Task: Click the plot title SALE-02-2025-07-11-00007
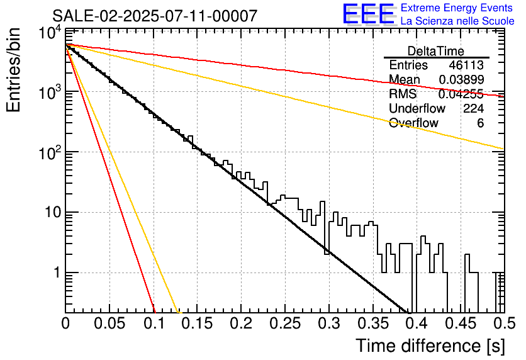(155, 16)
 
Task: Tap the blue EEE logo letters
(368, 14)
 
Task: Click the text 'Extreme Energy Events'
(457, 8)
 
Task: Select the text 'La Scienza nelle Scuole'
(457, 21)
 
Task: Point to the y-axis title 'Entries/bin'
(13, 70)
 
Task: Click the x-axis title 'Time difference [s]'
(430, 346)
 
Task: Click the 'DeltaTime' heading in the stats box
(436, 51)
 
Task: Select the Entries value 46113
(466, 65)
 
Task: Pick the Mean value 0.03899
(461, 79)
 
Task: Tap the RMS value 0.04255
(461, 94)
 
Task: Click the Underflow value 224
(473, 108)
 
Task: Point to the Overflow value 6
(480, 123)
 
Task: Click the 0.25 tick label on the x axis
(285, 323)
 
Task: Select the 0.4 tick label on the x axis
(417, 323)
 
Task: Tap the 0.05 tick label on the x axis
(109, 323)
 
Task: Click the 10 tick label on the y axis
(53, 212)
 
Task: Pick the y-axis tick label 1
(57, 273)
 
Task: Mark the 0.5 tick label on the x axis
(505, 323)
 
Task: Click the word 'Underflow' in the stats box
(417, 108)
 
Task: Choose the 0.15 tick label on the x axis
(198, 323)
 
